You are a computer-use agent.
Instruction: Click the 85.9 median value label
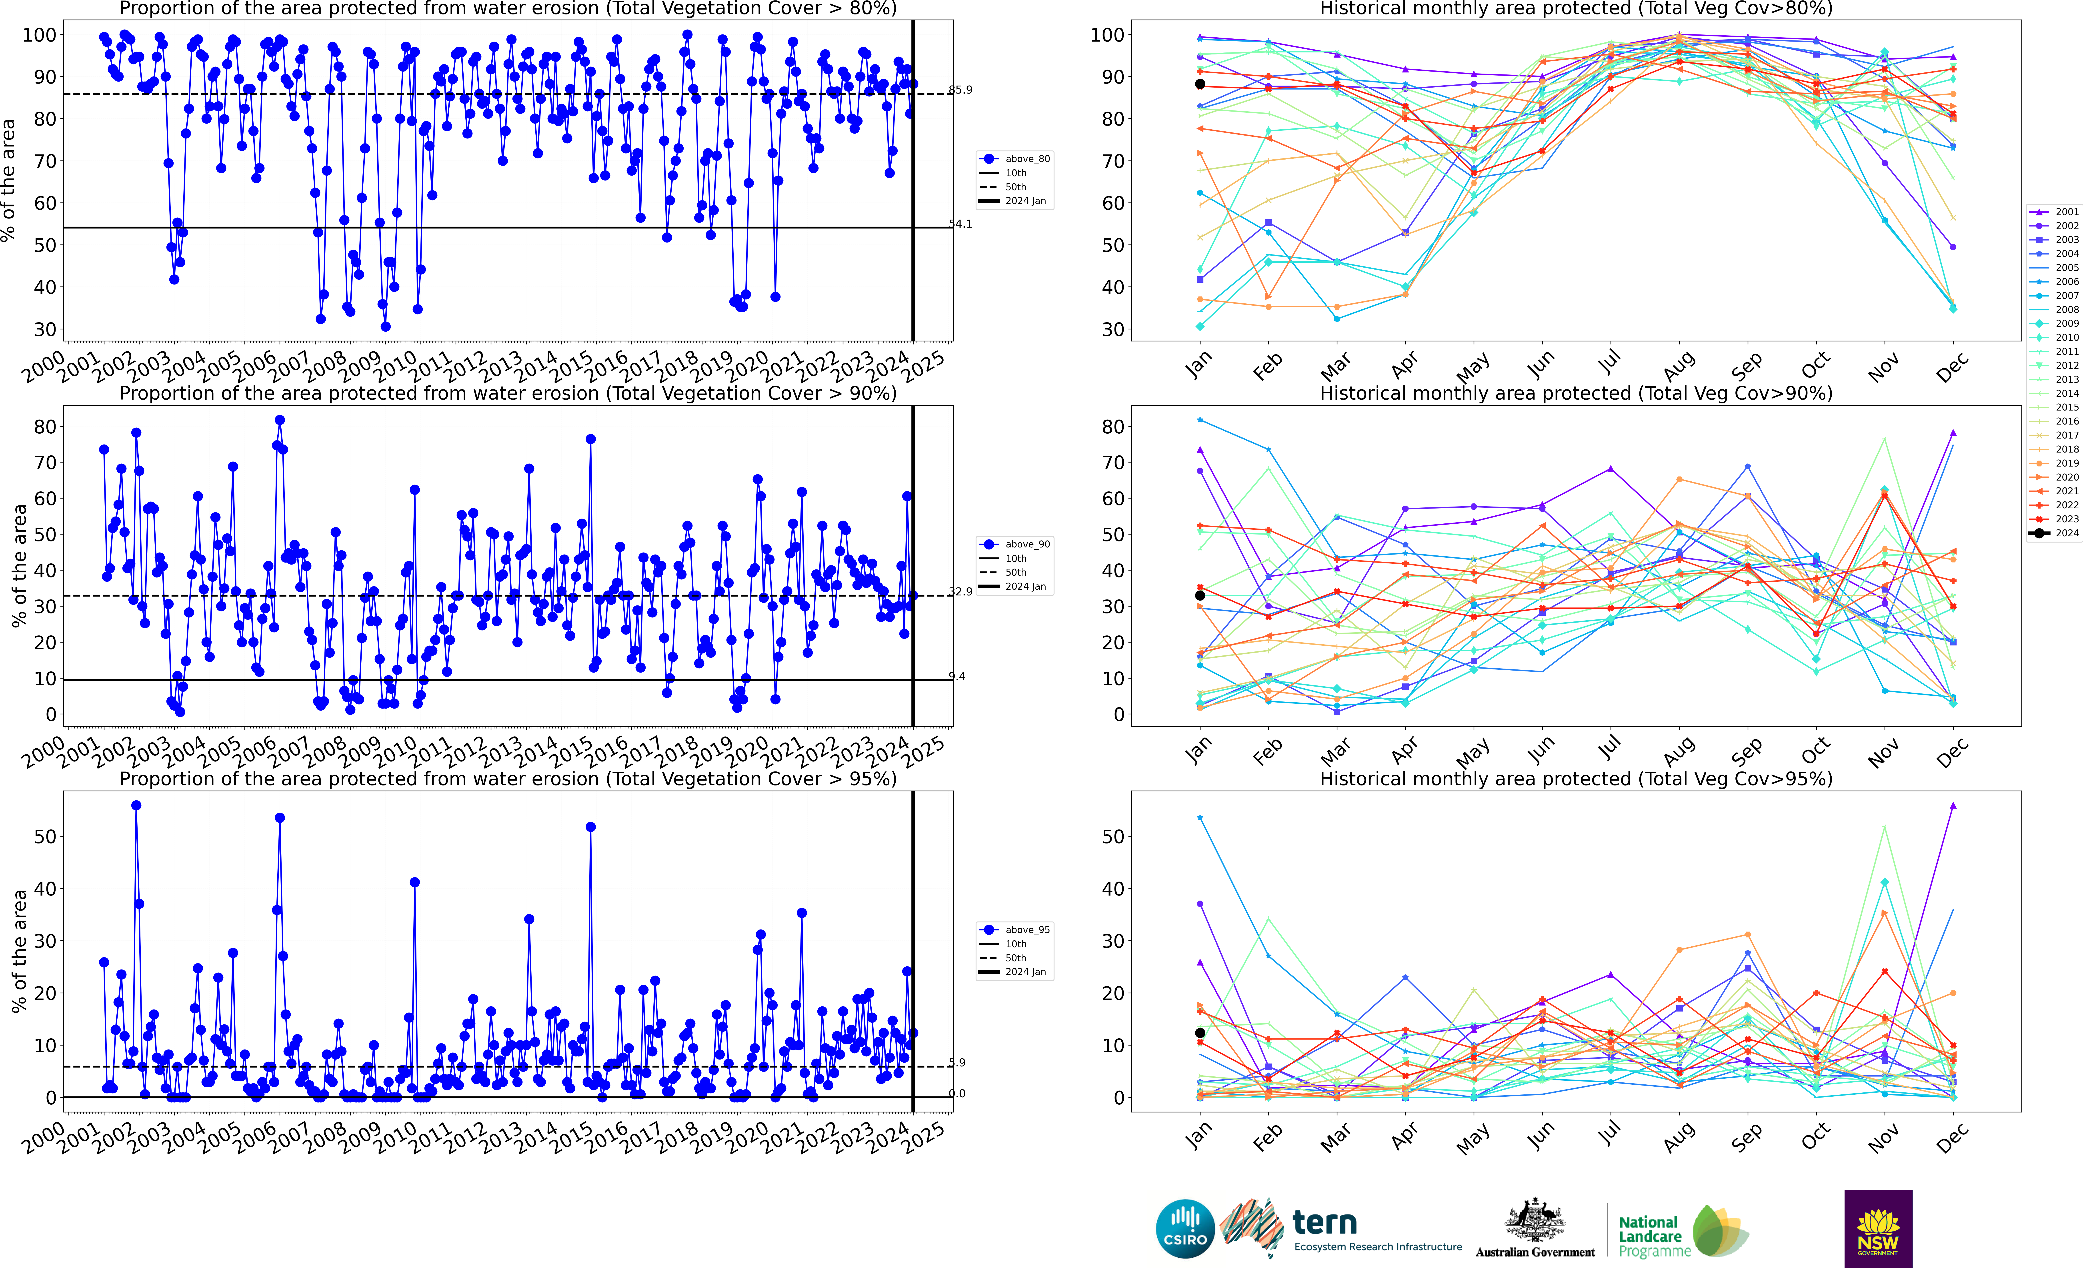[x=960, y=90]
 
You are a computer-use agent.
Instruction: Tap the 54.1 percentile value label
[x=960, y=224]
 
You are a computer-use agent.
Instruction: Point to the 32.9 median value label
[x=960, y=592]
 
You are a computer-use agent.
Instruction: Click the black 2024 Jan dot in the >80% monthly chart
[x=1200, y=84]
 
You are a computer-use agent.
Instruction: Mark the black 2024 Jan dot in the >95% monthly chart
[x=1200, y=1033]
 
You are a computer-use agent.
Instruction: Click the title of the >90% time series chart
[x=508, y=393]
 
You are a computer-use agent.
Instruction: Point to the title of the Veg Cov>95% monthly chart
[x=1576, y=779]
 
